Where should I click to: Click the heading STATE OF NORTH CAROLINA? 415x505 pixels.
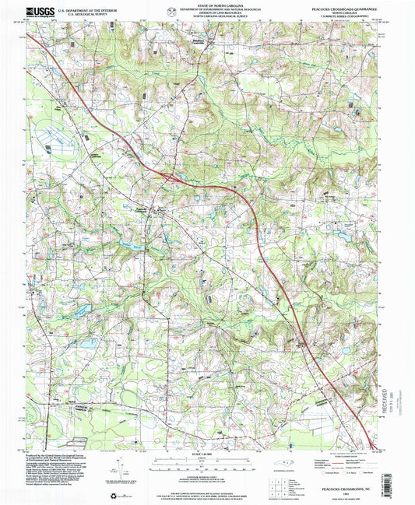point(209,5)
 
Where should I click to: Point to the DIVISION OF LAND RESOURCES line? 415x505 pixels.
point(209,14)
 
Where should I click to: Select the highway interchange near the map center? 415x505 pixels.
point(170,177)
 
